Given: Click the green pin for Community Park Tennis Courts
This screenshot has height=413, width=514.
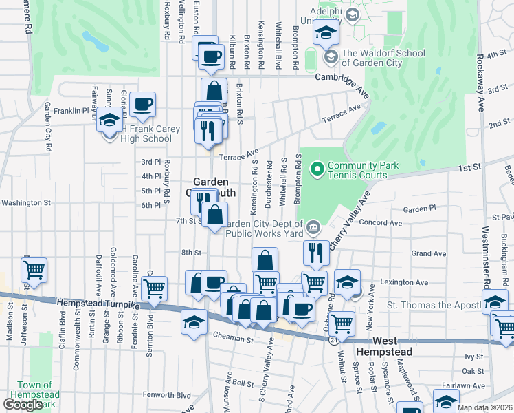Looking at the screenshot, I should [317, 168].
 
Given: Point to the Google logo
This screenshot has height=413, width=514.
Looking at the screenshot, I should [23, 405].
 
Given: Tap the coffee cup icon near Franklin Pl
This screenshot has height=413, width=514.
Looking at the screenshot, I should [143, 105].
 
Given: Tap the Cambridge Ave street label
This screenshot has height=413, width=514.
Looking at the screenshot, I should [342, 76].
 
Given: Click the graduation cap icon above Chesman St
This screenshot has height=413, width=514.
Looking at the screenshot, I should [194, 321].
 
